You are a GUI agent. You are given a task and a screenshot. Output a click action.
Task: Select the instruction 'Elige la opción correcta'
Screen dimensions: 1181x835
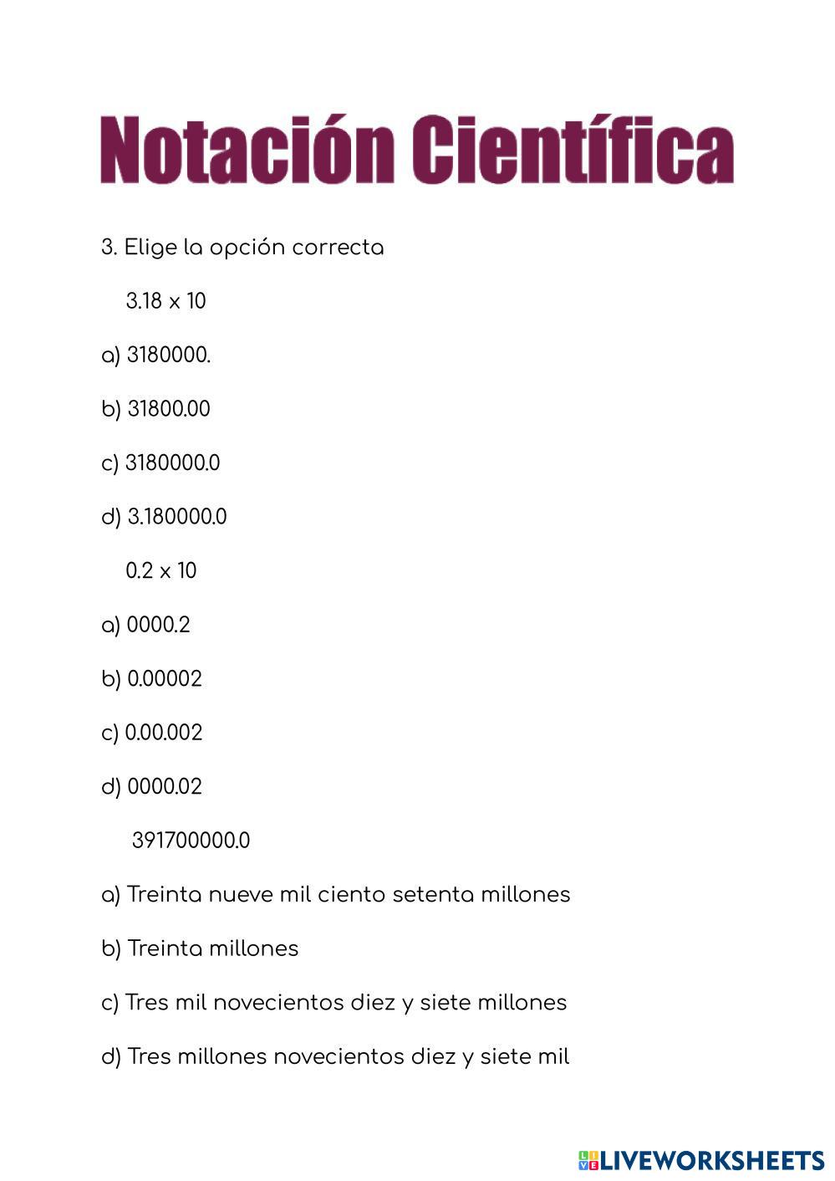(254, 248)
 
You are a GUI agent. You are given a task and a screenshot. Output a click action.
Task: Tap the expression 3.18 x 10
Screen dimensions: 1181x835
(165, 301)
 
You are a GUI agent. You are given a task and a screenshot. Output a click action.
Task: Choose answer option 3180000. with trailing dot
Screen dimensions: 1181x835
(168, 355)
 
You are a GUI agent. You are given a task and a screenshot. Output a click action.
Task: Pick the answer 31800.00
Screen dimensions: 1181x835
(168, 409)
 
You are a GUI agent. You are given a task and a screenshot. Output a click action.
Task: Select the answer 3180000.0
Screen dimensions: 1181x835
(172, 463)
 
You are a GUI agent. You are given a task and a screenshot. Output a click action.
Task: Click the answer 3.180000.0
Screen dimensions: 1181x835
(176, 517)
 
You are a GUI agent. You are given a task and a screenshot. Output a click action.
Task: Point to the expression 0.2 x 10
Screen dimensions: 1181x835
(161, 570)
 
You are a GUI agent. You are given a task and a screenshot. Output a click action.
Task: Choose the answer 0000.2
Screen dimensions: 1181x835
(158, 625)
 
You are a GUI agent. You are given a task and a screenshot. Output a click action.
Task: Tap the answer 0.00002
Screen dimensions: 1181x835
(164, 678)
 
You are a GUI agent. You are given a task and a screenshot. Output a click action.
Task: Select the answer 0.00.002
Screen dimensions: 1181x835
(164, 733)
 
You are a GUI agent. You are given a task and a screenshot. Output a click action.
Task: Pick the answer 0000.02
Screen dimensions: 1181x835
(164, 786)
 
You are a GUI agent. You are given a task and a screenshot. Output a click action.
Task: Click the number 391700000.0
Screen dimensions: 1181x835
(191, 841)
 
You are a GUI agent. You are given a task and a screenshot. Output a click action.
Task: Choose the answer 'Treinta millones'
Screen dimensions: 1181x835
(212, 948)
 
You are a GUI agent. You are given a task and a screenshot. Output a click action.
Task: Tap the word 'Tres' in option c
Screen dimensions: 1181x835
(148, 1002)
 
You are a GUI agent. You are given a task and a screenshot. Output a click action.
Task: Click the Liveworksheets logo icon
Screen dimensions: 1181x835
(588, 1160)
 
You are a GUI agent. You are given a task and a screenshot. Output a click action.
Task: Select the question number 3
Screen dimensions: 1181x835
(108, 248)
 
